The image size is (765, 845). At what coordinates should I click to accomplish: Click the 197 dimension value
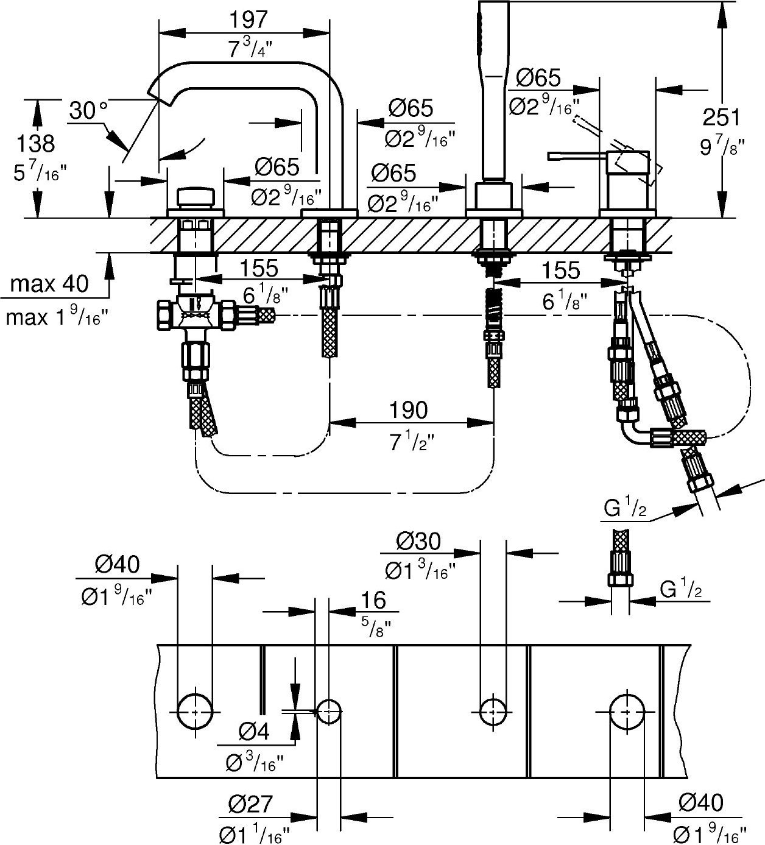pos(249,19)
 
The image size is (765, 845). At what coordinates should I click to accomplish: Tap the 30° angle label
pos(88,111)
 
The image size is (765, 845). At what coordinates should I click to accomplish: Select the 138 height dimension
pos(35,144)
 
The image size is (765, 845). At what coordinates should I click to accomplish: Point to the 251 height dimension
pos(722,116)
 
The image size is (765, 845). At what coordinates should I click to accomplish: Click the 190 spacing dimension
pos(409,410)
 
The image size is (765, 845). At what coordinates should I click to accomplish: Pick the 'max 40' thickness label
pos(49,283)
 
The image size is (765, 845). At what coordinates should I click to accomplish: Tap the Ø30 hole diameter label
pos(418,540)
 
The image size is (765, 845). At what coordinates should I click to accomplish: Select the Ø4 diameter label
pos(254,730)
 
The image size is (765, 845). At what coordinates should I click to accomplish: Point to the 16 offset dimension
pos(373,600)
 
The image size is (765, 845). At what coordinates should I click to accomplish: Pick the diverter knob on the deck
pos(196,197)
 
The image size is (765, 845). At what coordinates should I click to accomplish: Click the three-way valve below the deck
pos(195,314)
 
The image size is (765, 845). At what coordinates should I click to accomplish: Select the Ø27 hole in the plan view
pos(329,711)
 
